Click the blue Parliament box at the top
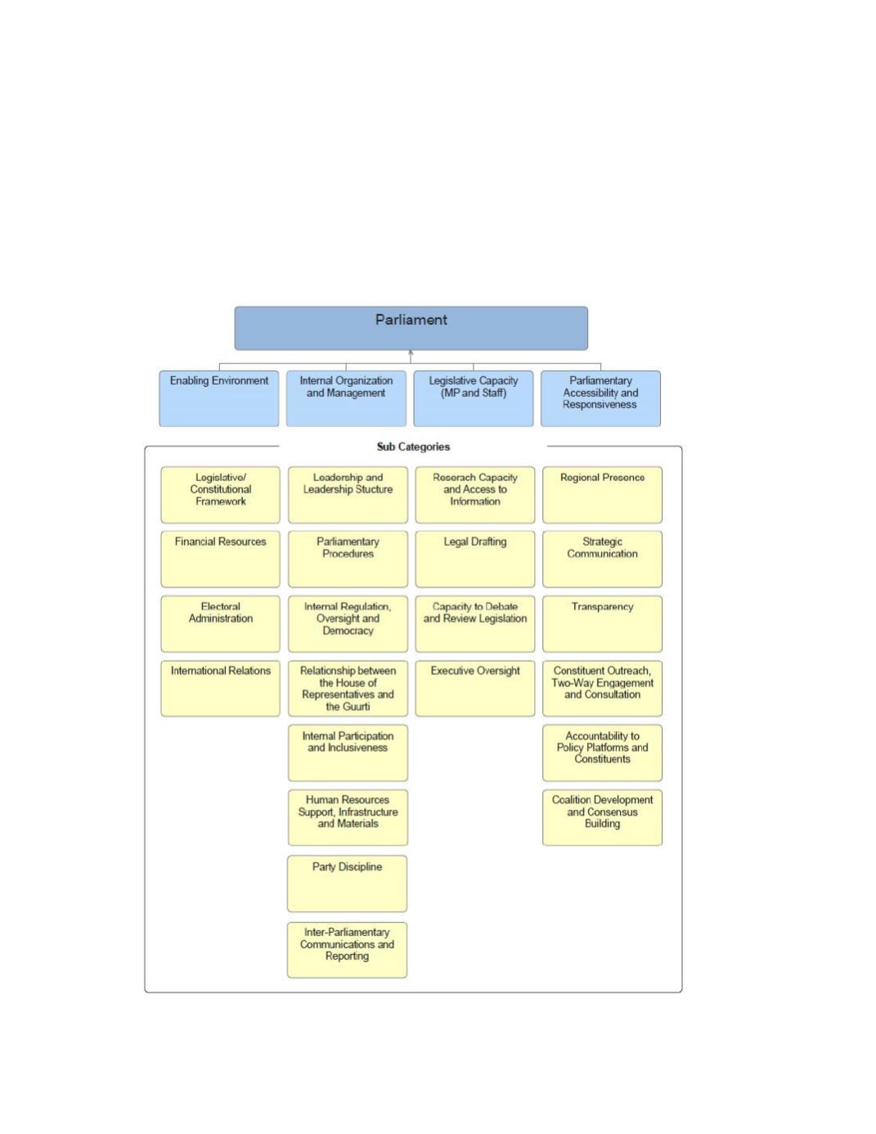tap(411, 328)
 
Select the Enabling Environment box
tap(218, 398)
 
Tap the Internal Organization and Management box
tap(346, 398)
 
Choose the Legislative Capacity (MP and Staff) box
tap(474, 398)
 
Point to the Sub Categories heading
tap(413, 447)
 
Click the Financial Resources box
tap(220, 559)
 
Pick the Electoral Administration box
tap(220, 623)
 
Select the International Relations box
tap(220, 688)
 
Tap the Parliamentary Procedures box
tap(348, 559)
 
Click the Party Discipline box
tap(347, 884)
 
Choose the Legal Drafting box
tap(474, 559)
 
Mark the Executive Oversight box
tap(474, 688)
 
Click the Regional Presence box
tap(602, 495)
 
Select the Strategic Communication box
tap(602, 559)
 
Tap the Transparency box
tap(602, 623)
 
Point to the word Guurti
tap(355, 707)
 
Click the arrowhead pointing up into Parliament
tap(411, 353)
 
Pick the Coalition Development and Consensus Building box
tap(602, 817)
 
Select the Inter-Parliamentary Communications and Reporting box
tap(347, 950)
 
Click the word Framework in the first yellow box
tap(221, 501)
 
